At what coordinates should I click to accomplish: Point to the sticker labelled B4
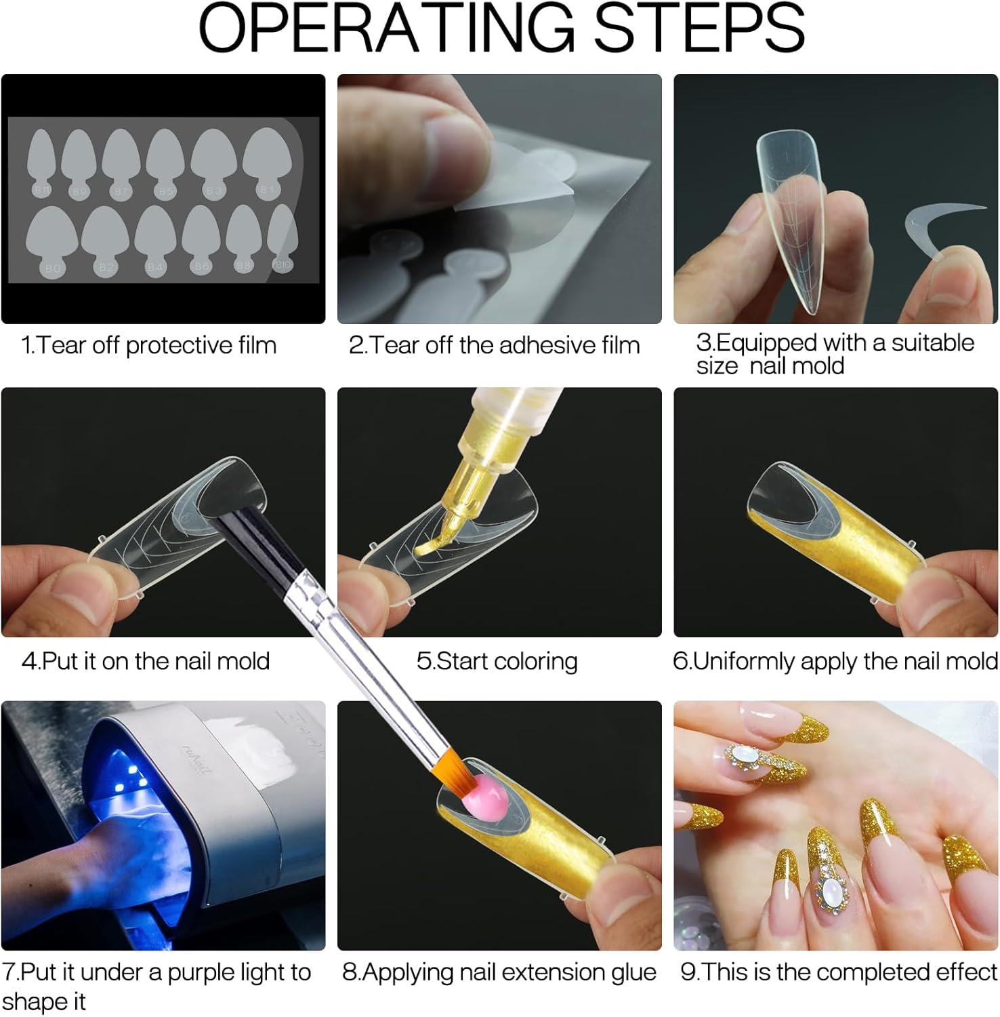point(156,241)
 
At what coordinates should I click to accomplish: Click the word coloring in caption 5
point(537,661)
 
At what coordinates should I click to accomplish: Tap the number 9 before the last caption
point(688,973)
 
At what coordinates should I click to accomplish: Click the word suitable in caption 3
point(933,343)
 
